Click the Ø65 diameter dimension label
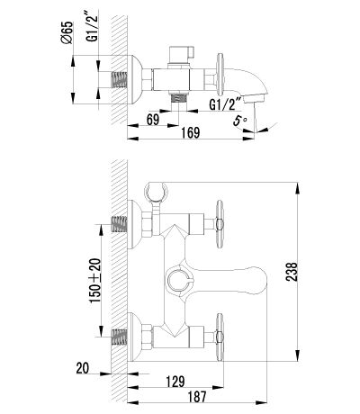coord(68,32)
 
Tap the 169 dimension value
coord(191,132)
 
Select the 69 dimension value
coord(153,120)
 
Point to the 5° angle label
coord(239,121)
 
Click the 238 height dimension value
coord(292,272)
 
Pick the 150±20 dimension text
coord(95,280)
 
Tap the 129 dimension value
coord(175,382)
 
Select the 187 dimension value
coord(197,397)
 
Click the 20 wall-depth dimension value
coord(83,368)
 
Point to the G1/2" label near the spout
coord(226,104)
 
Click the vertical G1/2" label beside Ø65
coord(93,27)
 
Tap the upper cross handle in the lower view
coord(220,224)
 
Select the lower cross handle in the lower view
coord(220,337)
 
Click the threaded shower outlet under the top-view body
coord(178,98)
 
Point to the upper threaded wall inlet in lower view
coord(119,224)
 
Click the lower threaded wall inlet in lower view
coord(119,337)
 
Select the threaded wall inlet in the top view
coord(119,80)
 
